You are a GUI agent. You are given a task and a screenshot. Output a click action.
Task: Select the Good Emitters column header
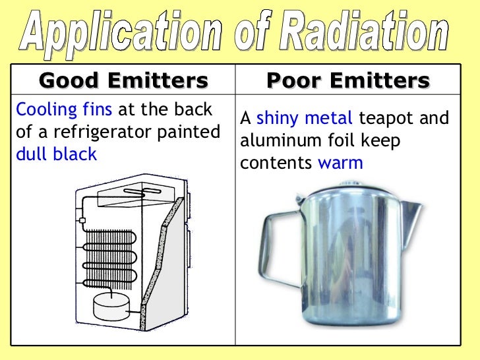pyautogui.click(x=123, y=81)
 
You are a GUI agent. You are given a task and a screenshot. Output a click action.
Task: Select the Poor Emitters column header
pyautogui.click(x=347, y=81)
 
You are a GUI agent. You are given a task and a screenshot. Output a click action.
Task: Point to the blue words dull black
pyautogui.click(x=55, y=154)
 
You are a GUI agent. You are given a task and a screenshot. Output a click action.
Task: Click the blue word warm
pyautogui.click(x=340, y=163)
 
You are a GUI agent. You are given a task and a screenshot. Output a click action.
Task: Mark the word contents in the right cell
pyautogui.click(x=276, y=163)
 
